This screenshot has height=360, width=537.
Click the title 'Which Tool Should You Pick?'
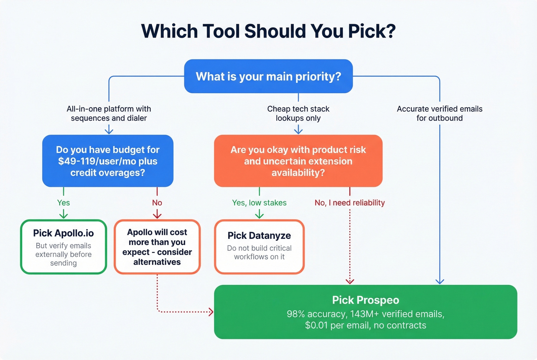268,31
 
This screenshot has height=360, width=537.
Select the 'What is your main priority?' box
268,76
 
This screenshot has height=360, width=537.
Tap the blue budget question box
108,161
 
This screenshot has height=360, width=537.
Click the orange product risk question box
298,161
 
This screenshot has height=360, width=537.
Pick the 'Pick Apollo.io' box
63,247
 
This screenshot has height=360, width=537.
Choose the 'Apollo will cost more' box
157,247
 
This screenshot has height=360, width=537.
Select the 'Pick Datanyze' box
259,247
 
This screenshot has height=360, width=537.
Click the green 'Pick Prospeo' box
365,312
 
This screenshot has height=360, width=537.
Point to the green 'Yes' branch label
63,203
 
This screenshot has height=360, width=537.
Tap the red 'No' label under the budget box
157,203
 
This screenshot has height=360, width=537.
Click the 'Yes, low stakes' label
259,203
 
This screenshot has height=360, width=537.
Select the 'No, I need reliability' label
349,203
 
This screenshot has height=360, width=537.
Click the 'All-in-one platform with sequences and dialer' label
109,113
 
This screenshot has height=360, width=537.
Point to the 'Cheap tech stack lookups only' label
298,113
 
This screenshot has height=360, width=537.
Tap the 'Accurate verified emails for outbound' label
440,113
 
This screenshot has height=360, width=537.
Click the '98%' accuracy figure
296,314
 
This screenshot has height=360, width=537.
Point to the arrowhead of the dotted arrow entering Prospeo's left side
211,312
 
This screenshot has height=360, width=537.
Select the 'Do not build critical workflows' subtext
259,252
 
